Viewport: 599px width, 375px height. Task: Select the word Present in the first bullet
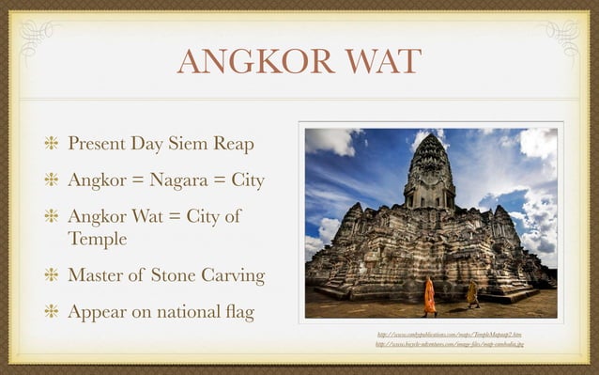(101, 145)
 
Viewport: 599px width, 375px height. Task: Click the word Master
(98, 276)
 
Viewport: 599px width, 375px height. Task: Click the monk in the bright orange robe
(429, 295)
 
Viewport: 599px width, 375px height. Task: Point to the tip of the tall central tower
(429, 136)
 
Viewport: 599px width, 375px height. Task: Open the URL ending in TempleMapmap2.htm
(448, 334)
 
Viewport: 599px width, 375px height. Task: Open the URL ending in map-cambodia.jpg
(448, 344)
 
